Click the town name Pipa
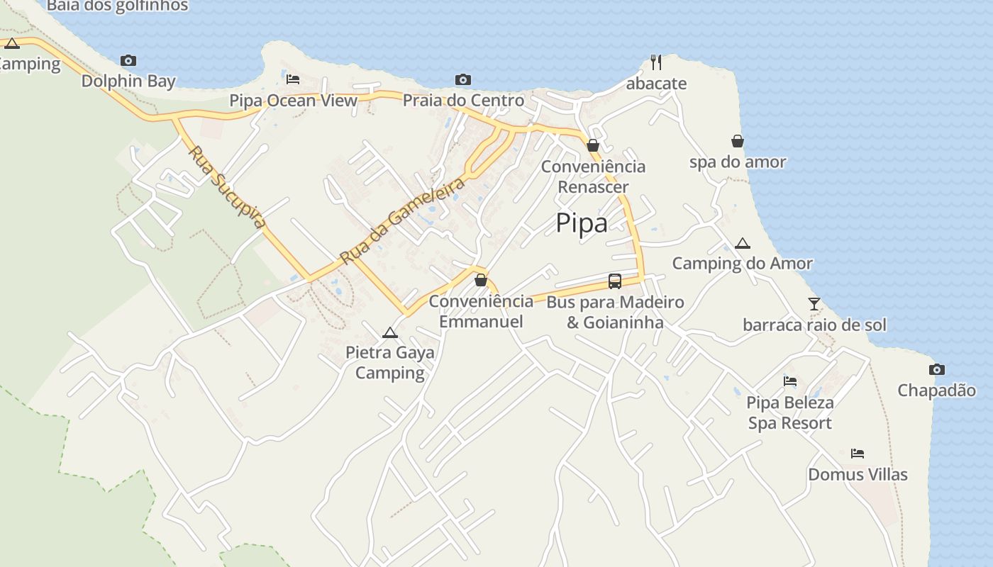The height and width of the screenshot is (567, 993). [582, 223]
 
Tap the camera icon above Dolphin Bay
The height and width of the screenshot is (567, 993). [128, 61]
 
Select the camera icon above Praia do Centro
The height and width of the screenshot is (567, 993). [463, 80]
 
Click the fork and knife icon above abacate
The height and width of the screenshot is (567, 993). [656, 62]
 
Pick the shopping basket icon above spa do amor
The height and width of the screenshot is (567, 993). [738, 141]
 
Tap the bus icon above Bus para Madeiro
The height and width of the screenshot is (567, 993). [615, 281]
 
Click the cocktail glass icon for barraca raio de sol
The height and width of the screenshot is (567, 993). [814, 304]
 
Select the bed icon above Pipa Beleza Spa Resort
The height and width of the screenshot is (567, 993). [790, 381]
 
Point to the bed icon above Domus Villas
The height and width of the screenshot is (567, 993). [858, 454]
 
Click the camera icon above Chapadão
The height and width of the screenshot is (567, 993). [937, 370]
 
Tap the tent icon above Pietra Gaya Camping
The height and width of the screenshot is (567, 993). [389, 332]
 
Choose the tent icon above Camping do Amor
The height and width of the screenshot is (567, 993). [743, 244]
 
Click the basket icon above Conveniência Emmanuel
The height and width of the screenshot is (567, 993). [481, 280]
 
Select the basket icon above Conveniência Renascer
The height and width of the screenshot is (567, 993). [593, 145]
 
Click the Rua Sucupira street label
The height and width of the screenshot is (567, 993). [228, 186]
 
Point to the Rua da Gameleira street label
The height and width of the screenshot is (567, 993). [402, 220]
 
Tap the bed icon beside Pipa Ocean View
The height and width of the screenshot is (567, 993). [293, 79]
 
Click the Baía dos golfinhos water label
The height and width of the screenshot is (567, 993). [118, 6]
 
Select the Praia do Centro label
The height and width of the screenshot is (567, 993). [463, 101]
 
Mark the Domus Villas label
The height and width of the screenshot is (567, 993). [858, 474]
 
